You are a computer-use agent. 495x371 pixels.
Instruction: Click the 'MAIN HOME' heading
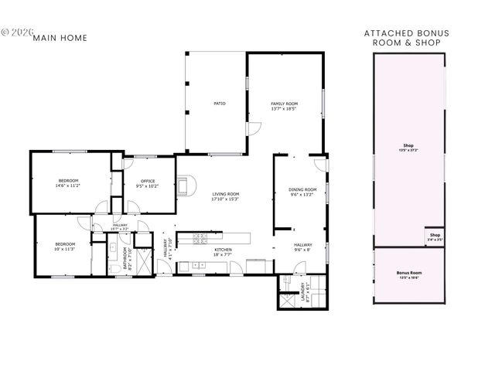click(60, 38)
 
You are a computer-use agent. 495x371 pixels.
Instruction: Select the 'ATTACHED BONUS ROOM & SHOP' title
click(406, 38)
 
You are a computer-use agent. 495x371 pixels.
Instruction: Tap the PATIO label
click(220, 104)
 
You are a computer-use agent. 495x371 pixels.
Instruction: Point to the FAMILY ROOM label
click(284, 106)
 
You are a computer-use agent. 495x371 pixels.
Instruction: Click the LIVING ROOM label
click(226, 196)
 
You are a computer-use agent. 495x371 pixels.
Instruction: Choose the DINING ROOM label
click(302, 192)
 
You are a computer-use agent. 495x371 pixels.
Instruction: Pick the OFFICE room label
click(148, 183)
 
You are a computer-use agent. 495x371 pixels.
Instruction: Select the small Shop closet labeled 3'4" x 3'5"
click(435, 237)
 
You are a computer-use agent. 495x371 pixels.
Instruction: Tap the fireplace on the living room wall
click(182, 185)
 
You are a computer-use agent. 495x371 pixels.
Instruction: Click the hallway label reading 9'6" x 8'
click(302, 247)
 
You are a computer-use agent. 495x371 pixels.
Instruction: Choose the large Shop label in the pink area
click(408, 147)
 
